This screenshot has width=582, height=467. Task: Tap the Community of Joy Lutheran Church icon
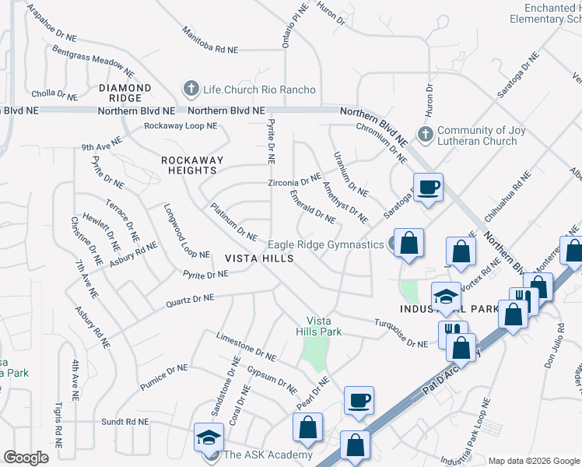click(x=425, y=135)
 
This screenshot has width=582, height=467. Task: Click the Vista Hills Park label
click(x=324, y=326)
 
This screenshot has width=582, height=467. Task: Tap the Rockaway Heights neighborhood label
click(x=191, y=165)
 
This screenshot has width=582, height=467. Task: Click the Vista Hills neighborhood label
click(x=260, y=258)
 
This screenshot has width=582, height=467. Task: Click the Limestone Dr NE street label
click(x=246, y=346)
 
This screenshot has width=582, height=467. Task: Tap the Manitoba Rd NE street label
click(x=210, y=40)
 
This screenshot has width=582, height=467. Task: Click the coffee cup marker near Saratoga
click(x=428, y=188)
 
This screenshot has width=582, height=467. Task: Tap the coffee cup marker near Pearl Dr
click(x=359, y=401)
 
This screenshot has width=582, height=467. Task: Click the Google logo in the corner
click(x=26, y=457)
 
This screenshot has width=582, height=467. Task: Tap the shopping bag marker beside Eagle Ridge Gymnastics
click(x=408, y=244)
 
